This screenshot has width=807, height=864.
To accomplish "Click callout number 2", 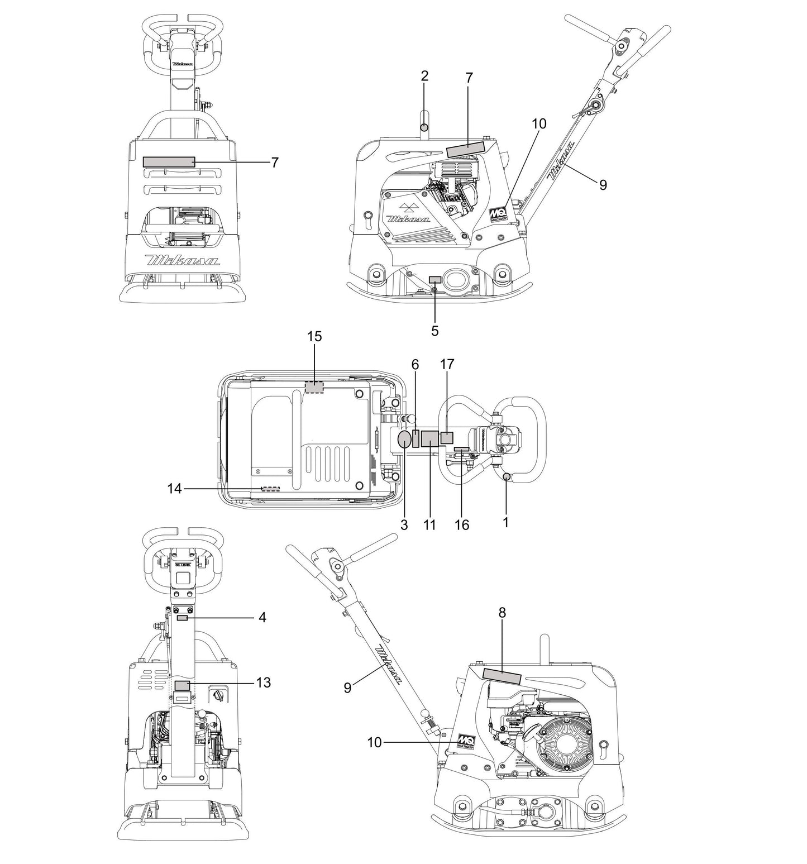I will pos(424,77).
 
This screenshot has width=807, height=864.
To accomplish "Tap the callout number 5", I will pos(434,331).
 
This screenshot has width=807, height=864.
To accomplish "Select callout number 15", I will pos(314,336).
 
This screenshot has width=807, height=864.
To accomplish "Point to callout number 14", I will pos(175,489).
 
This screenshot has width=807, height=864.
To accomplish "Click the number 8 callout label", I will pos(502,613).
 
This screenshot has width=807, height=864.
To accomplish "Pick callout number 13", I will pos(263,682).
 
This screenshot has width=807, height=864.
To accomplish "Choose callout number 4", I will pos(262,618).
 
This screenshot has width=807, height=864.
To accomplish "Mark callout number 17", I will pos(447,365).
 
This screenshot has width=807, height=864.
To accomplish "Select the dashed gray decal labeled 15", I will pos(314,387).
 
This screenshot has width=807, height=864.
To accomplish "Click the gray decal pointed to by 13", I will pos(182,685).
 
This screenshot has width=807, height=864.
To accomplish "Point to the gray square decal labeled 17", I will pos(447,437).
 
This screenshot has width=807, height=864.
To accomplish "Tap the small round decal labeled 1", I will pos(507,476).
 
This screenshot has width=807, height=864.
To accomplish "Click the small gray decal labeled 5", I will pos(434,279).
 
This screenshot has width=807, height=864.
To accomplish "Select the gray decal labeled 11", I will pos(429,439).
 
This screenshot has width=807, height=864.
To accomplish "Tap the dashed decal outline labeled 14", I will pos(270,489).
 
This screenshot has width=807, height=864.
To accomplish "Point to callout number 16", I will pos(462,525).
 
